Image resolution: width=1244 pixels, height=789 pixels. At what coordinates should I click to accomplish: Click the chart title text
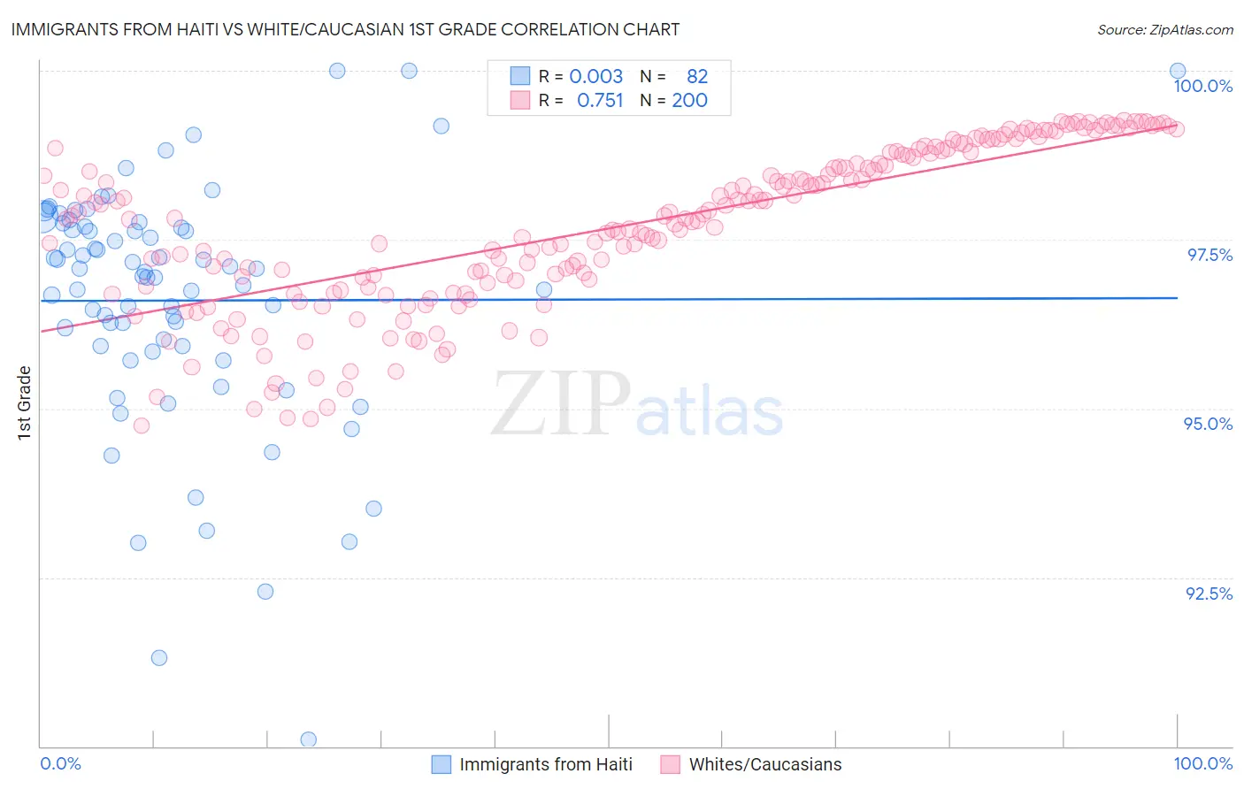coord(345,29)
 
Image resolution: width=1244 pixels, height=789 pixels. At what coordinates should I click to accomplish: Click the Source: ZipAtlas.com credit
coord(1164,29)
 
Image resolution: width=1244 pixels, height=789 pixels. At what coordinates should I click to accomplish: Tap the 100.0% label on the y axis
coord(1202,86)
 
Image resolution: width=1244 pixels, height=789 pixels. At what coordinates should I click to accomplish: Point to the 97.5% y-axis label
coord(1209,255)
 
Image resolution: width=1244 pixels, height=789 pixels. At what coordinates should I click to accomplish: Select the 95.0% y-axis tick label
coord(1208,424)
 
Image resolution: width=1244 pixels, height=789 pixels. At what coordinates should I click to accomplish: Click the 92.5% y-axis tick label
coord(1209,594)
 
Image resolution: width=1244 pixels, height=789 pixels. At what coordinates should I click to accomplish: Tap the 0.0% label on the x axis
coord(60,763)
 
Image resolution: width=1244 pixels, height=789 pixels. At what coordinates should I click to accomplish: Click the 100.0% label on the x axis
coord(1202,763)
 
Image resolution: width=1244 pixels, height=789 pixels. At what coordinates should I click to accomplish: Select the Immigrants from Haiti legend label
coord(546,764)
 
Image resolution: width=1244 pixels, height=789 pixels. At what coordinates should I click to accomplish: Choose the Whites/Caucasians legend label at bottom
coord(765,764)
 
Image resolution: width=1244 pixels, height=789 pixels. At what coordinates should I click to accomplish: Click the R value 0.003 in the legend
coord(595,76)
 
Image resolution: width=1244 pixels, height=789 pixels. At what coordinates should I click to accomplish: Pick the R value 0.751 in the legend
coord(600,101)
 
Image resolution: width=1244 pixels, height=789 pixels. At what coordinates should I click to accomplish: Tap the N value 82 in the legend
coord(697,76)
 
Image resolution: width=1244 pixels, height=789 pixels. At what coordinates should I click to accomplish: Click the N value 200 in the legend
coord(689,101)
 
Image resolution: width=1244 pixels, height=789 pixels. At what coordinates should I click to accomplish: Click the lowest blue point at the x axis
coord(309,739)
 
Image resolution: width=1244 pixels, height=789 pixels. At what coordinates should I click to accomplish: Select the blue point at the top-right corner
coord(1178,71)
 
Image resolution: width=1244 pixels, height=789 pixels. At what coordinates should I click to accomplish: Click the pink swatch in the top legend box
coord(519,101)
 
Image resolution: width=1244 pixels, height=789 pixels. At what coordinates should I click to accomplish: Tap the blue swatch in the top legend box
coord(519,76)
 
